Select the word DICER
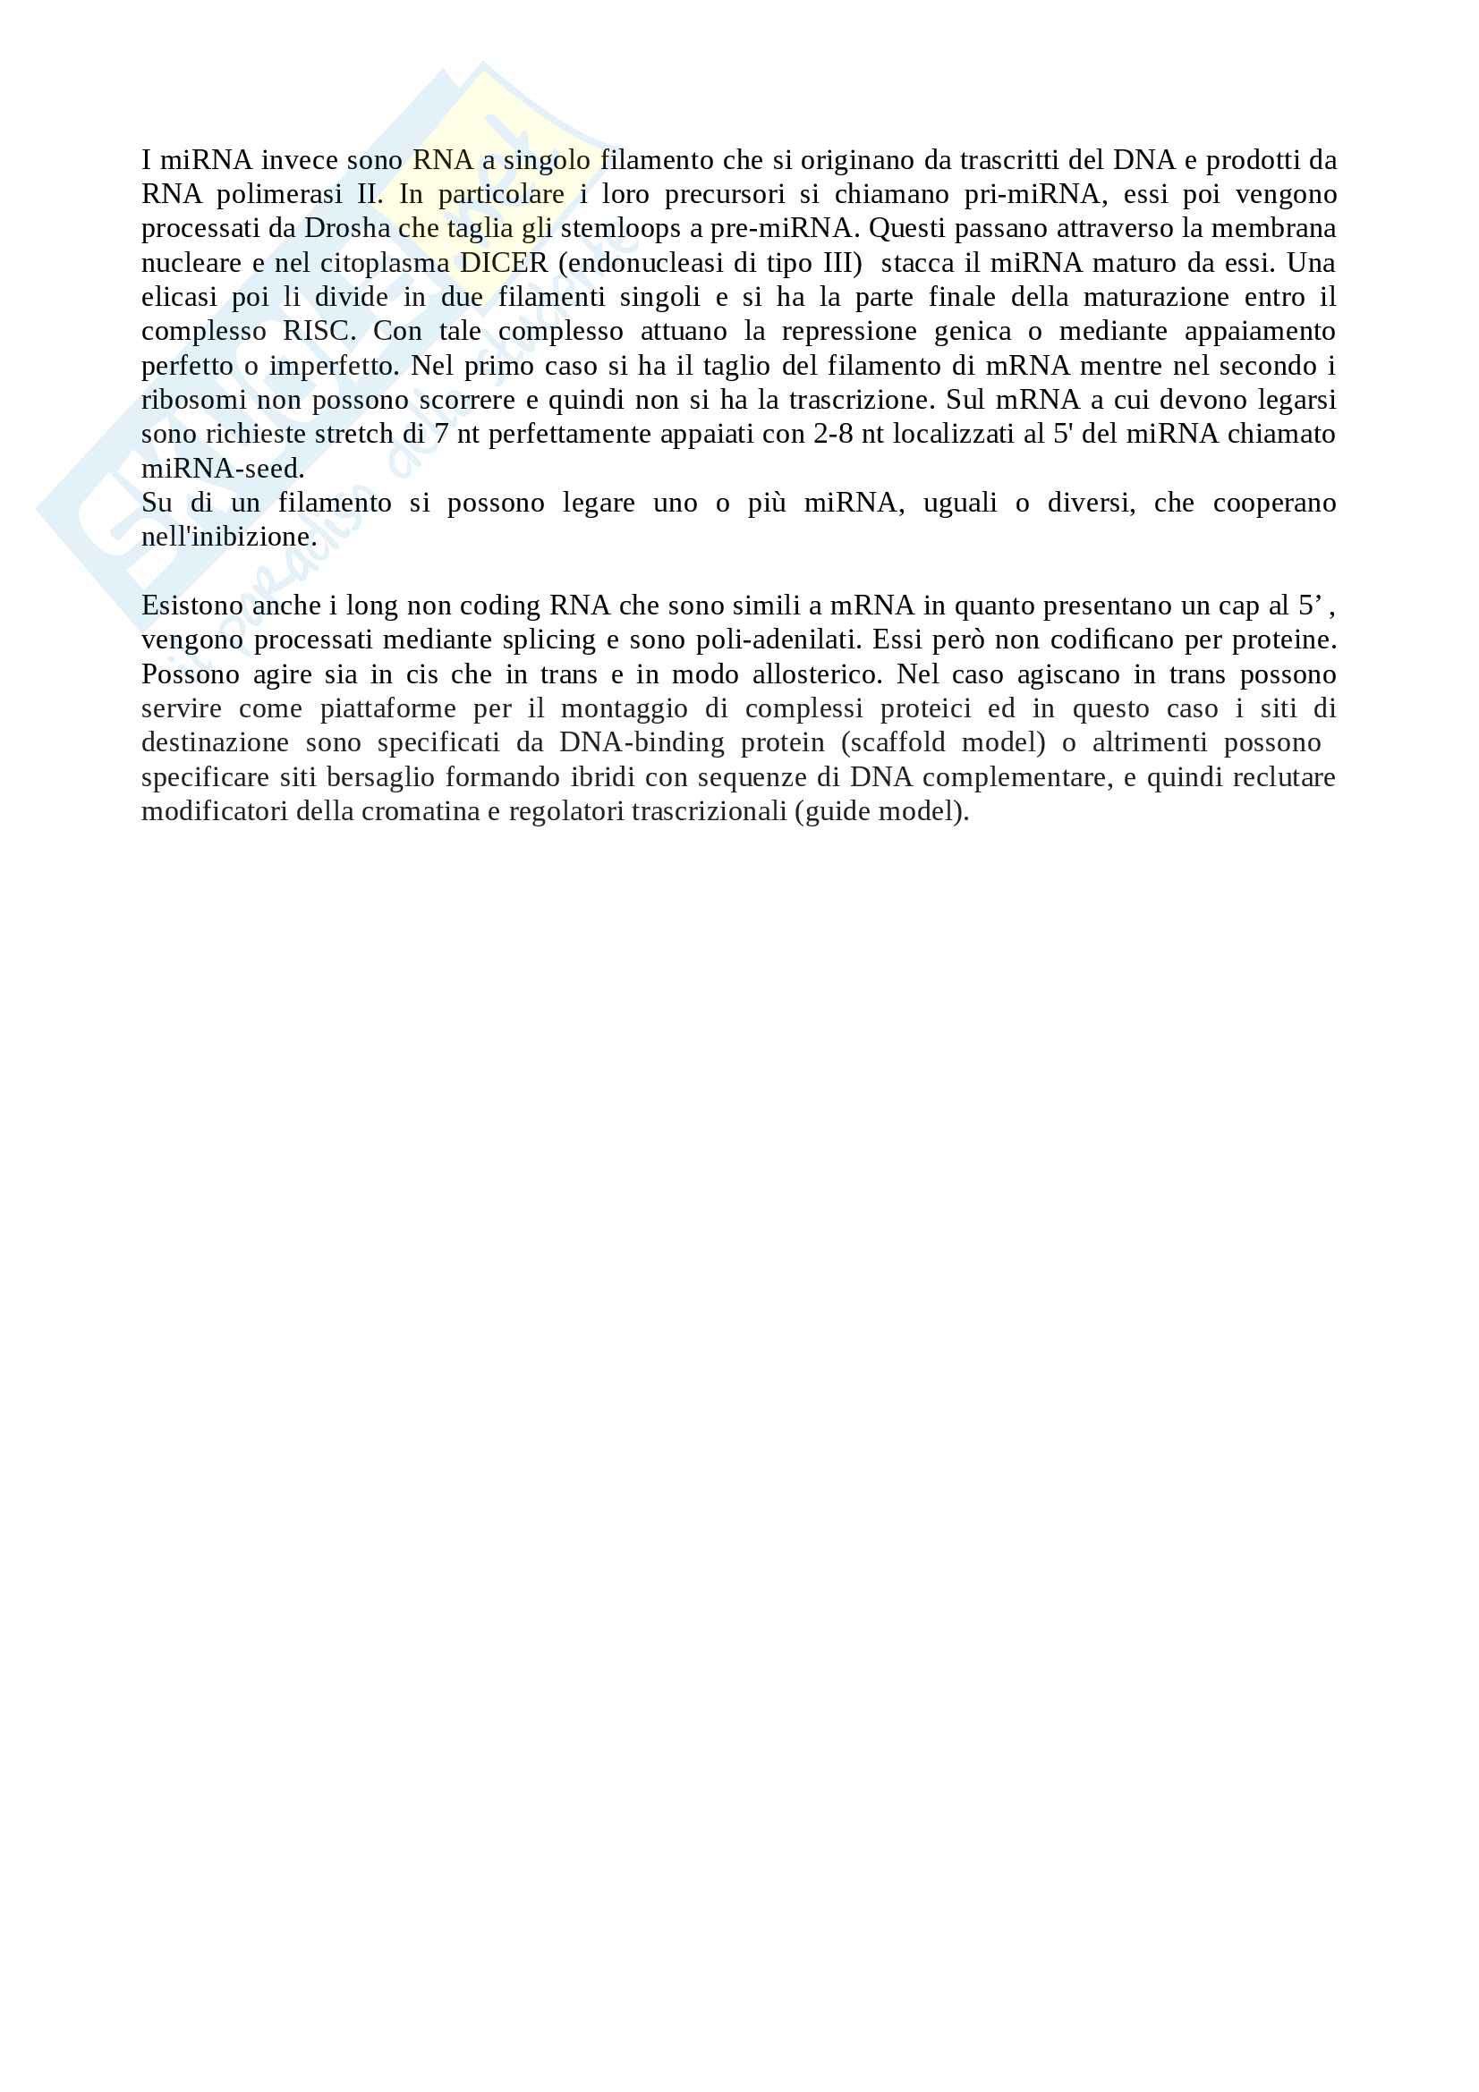(x=503, y=263)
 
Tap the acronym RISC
(x=319, y=332)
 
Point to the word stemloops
(x=621, y=229)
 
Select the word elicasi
(x=179, y=298)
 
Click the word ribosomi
(x=193, y=401)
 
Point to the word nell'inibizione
(x=229, y=538)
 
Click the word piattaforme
(x=387, y=709)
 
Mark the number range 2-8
(x=833, y=435)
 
